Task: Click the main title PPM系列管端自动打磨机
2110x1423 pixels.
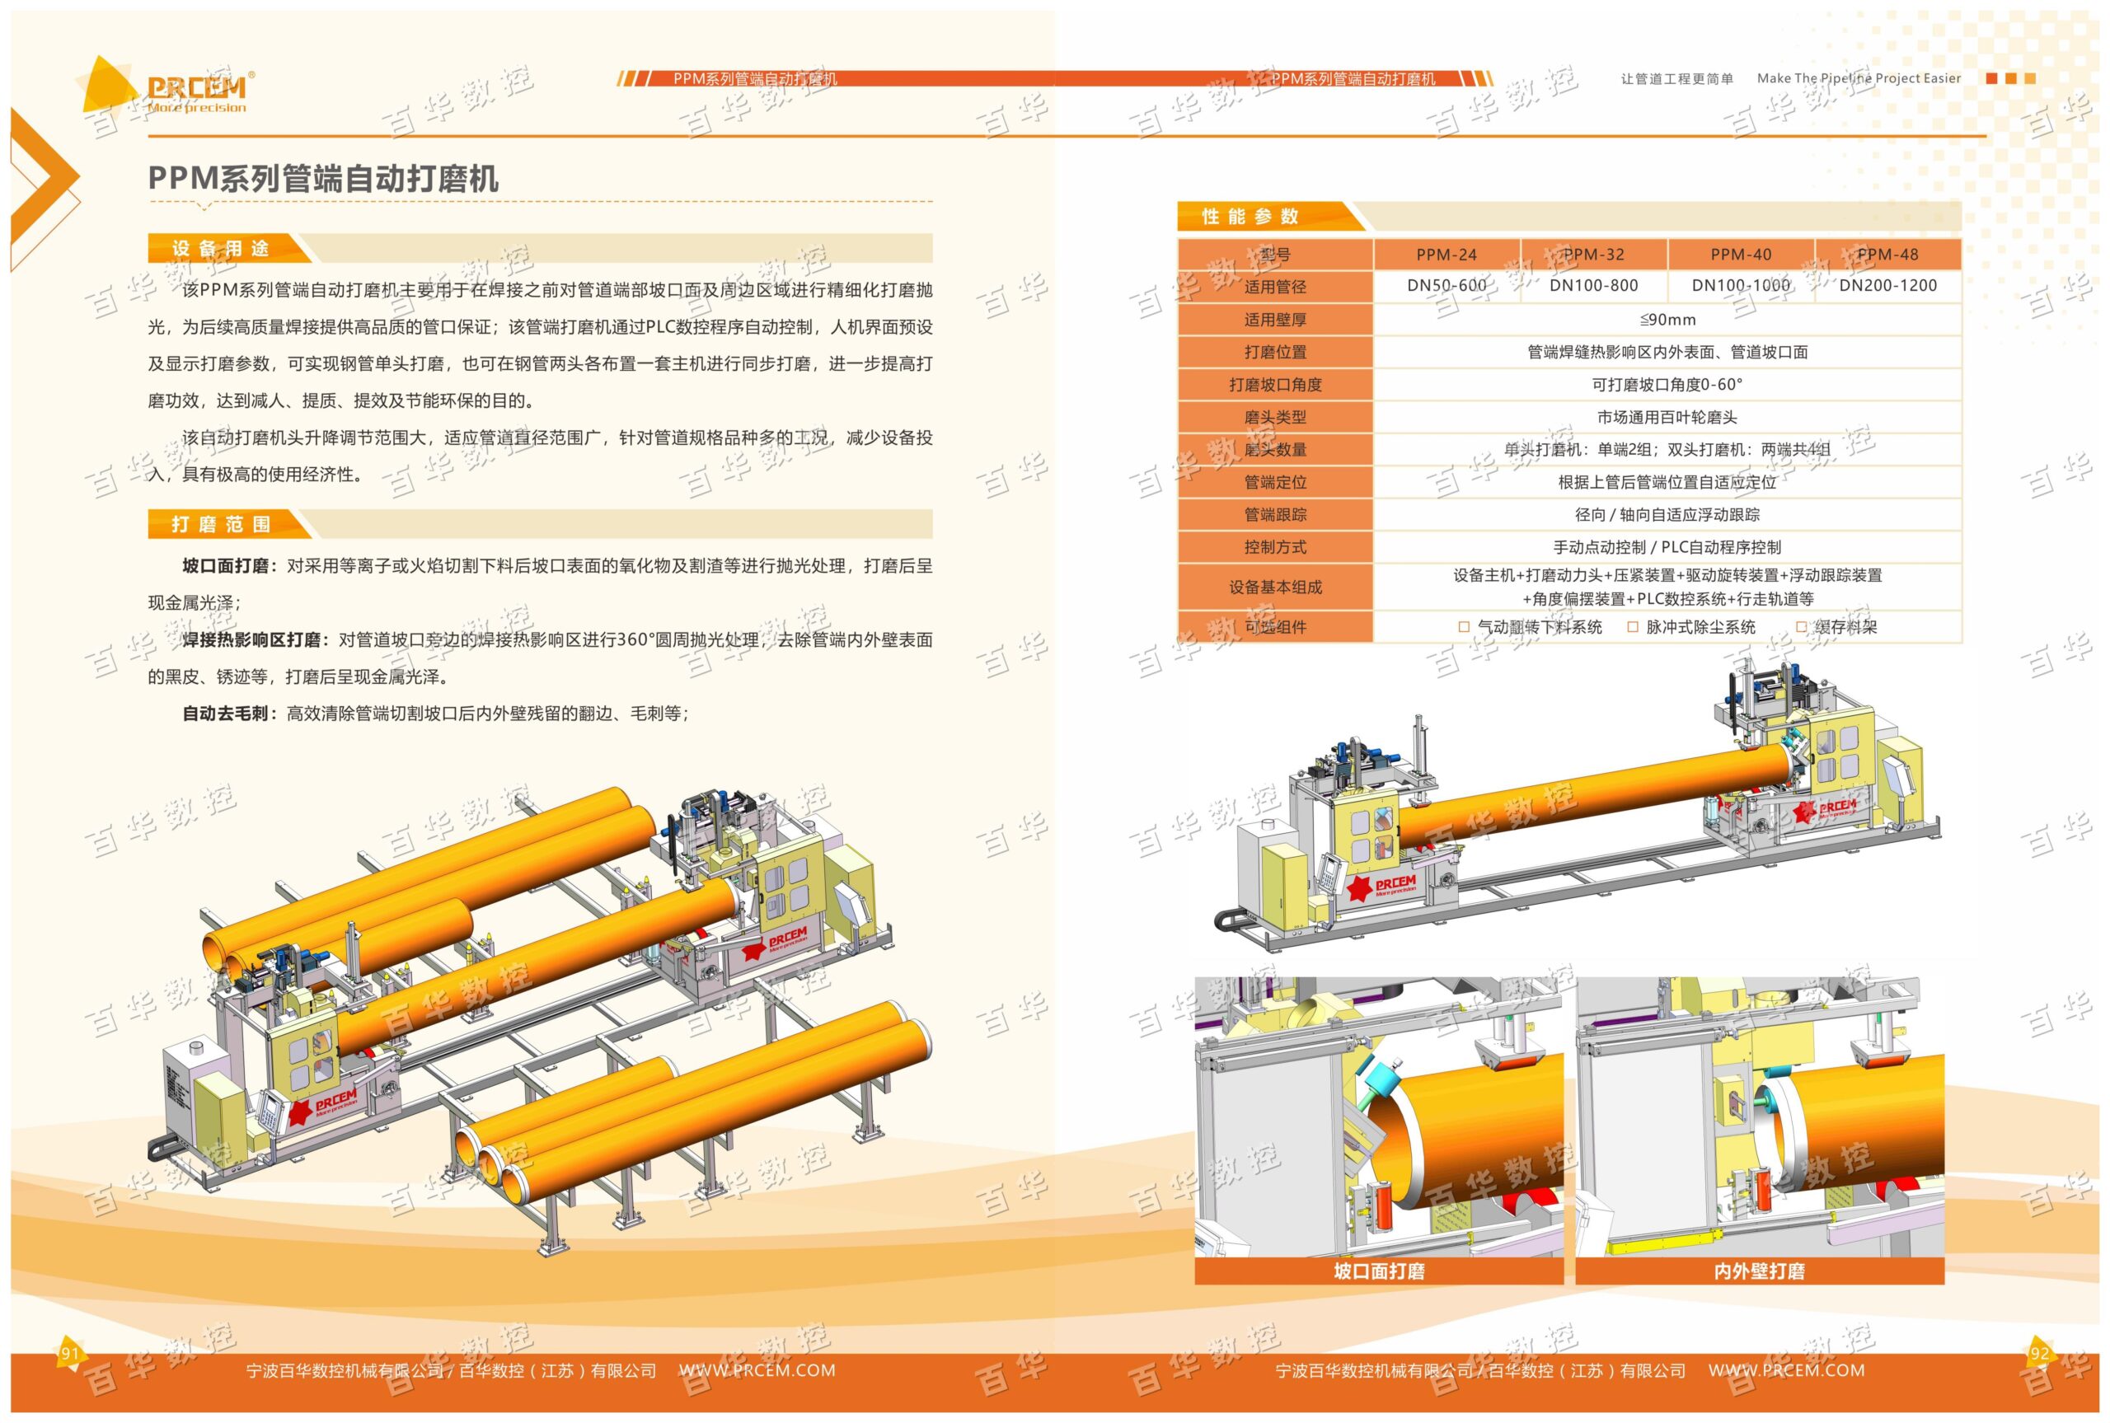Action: coord(323,178)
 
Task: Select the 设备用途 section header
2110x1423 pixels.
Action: coord(221,249)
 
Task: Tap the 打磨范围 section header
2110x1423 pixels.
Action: coord(221,525)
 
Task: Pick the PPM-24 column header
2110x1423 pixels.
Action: coord(1447,255)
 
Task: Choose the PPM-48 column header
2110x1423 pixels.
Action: coord(1887,255)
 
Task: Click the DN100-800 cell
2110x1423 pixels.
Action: coord(1593,286)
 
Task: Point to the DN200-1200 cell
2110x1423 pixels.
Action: coord(1887,286)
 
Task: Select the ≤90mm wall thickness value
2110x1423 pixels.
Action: coord(1667,320)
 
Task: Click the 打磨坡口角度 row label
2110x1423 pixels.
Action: coord(1275,385)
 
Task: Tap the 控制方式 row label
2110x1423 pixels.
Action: coord(1275,547)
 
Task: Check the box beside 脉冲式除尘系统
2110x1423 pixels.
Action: coord(1633,626)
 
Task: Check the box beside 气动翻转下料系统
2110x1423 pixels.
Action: coord(1463,626)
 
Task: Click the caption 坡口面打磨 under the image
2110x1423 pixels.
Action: coord(1379,1271)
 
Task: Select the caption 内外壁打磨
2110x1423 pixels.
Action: coord(1759,1271)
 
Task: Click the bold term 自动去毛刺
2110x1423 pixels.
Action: coord(226,714)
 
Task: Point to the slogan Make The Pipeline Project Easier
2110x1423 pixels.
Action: coord(1859,79)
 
